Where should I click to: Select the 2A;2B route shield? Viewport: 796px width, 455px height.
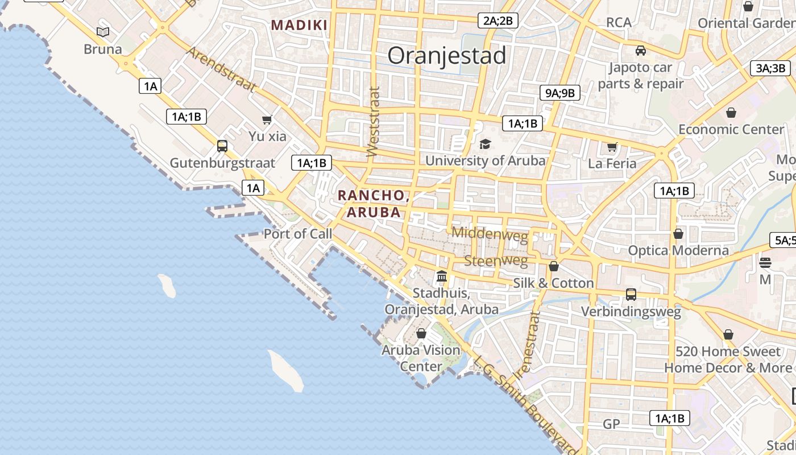[x=498, y=21]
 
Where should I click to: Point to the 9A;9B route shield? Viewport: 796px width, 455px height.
[x=559, y=93]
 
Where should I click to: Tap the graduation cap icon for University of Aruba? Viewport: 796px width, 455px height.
[x=485, y=144]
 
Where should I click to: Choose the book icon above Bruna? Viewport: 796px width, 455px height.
[x=103, y=32]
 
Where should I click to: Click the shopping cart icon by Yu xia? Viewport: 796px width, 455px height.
[x=267, y=119]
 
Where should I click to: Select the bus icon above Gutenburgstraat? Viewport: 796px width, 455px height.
[x=222, y=146]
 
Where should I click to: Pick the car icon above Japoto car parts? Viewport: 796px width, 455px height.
[x=641, y=50]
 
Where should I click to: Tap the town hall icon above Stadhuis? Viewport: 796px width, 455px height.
[x=441, y=276]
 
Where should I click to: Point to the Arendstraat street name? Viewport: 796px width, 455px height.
[x=221, y=69]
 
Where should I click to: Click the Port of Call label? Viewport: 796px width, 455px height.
[x=297, y=234]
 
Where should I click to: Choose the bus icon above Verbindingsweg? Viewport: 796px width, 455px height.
[x=631, y=294]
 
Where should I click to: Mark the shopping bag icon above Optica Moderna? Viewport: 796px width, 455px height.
[x=678, y=234]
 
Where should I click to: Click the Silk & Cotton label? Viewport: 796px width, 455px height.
[x=553, y=283]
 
